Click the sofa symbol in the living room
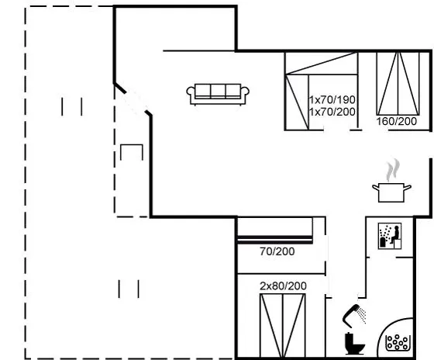pyautogui.click(x=218, y=94)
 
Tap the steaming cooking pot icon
pyautogui.click(x=391, y=181)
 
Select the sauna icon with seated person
pyautogui.click(x=390, y=236)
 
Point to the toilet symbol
pyautogui.click(x=355, y=344)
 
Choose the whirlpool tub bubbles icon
pyautogui.click(x=398, y=342)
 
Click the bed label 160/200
pyautogui.click(x=396, y=121)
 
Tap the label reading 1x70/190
pyautogui.click(x=332, y=99)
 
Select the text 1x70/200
pyautogui.click(x=332, y=112)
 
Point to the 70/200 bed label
pyautogui.click(x=277, y=251)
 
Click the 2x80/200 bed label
pyautogui.click(x=283, y=286)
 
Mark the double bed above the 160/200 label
pyautogui.click(x=398, y=83)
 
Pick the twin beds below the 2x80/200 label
pyautogui.click(x=283, y=326)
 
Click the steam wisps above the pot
pyautogui.click(x=393, y=169)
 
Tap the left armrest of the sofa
pyautogui.click(x=191, y=92)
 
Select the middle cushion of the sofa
pyautogui.click(x=218, y=90)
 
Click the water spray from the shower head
pyautogui.click(x=361, y=314)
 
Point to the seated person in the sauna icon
pyautogui.click(x=395, y=234)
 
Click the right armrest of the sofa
pyautogui.click(x=245, y=92)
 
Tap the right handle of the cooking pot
pyautogui.click(x=408, y=188)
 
